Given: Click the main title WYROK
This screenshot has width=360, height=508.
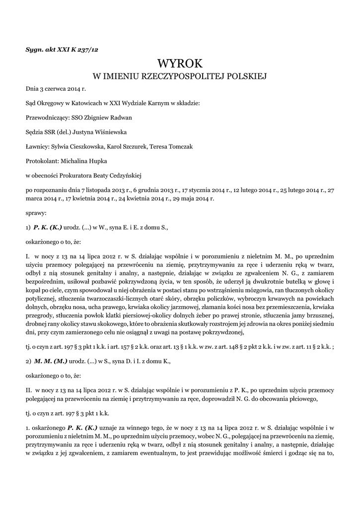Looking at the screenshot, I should coord(180,63).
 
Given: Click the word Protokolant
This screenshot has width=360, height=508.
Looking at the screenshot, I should coord(42,161).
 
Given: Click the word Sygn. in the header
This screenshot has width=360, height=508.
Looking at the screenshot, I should coord(34,49).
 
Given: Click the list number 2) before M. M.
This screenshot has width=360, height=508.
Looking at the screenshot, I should coord(28,362).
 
